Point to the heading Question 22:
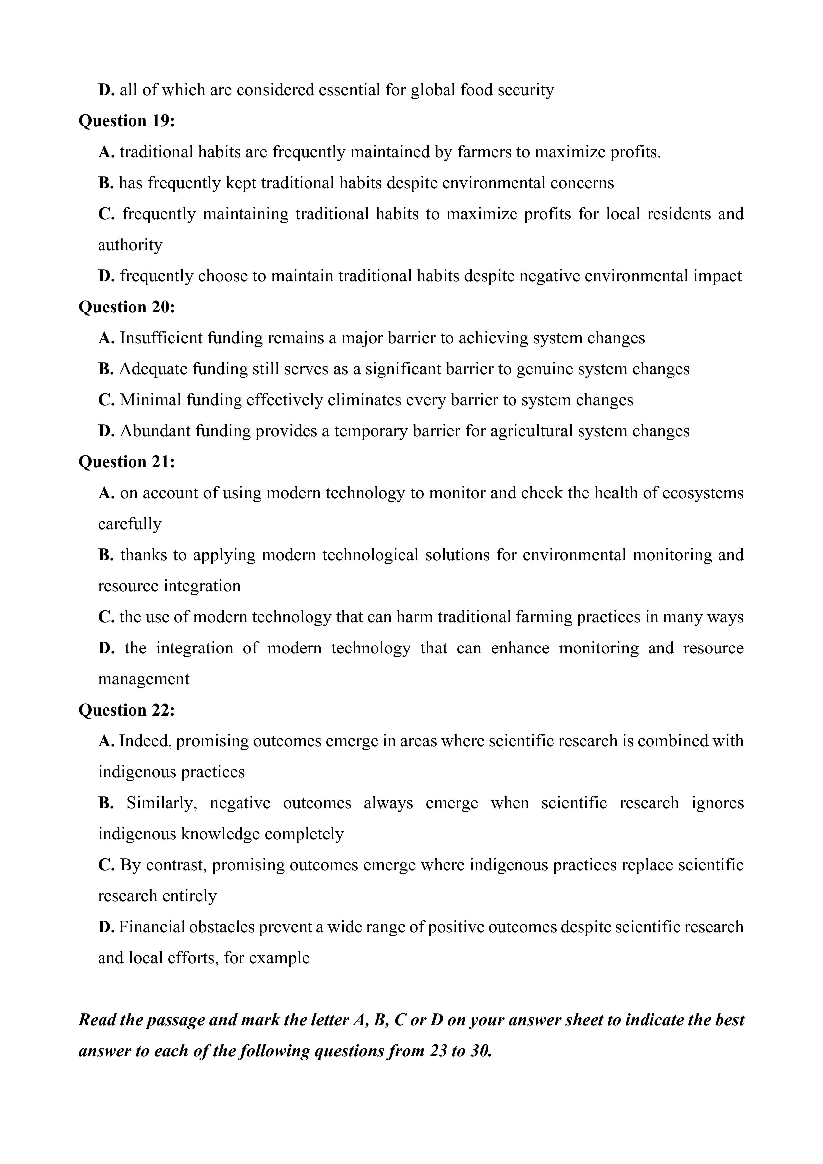point(126,710)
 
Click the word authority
point(130,245)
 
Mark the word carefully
point(129,524)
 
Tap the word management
point(144,679)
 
